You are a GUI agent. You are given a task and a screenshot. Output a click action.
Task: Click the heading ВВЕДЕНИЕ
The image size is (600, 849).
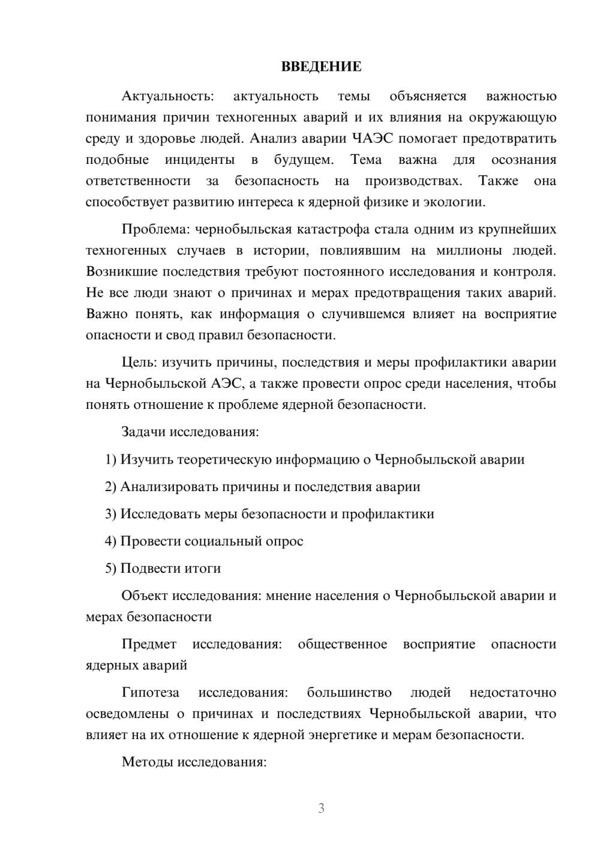tap(321, 67)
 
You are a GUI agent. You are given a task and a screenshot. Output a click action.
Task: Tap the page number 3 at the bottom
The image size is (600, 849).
tap(321, 808)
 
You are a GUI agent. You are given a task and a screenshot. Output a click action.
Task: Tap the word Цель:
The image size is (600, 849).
tap(139, 362)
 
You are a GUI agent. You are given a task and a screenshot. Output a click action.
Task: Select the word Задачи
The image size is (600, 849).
tap(144, 432)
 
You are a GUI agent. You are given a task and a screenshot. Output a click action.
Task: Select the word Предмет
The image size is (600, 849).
tap(149, 644)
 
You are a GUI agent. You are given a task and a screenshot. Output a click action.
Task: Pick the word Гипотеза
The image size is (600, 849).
tap(150, 692)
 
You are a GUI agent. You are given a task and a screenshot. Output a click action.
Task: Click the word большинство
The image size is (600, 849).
tap(349, 692)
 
